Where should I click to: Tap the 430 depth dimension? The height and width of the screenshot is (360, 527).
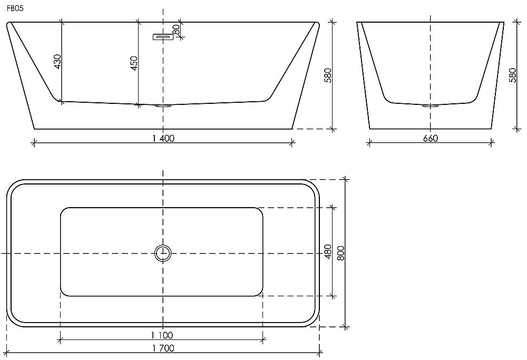tap(57, 61)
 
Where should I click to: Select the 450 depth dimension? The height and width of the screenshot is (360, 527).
tap(134, 63)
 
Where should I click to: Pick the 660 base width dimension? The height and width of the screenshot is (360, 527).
tap(431, 138)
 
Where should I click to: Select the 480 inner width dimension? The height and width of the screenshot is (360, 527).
tap(327, 251)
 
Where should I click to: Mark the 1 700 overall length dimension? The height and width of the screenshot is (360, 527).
tap(163, 348)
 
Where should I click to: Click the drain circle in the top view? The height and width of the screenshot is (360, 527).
tap(163, 254)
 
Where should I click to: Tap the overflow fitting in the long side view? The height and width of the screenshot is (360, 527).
tap(163, 37)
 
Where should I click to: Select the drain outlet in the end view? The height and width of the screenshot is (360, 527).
tap(431, 106)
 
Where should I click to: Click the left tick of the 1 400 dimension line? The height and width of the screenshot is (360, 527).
tap(34, 142)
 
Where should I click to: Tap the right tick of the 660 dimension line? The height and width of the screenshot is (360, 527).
tap(492, 142)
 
